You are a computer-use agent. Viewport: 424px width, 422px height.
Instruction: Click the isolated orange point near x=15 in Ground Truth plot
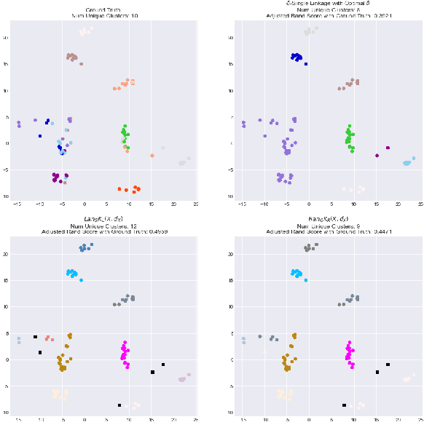(152, 155)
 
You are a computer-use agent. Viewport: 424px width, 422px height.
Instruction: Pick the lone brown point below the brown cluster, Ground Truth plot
(81, 64)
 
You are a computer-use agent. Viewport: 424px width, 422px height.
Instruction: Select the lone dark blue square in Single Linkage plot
(306, 64)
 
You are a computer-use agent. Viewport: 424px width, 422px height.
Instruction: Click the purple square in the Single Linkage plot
(388, 148)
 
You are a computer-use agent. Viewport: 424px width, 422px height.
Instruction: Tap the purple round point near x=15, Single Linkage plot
(377, 155)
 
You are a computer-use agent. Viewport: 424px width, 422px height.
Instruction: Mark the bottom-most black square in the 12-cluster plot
(119, 405)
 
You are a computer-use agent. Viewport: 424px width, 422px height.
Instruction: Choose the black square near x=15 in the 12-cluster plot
(152, 372)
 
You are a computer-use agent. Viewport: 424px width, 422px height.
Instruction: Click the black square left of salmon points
(35, 337)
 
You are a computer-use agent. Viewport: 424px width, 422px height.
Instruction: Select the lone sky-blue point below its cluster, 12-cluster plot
(81, 280)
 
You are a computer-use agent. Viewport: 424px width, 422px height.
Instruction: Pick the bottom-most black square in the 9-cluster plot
(344, 405)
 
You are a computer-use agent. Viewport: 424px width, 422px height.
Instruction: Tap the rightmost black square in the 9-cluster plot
(388, 365)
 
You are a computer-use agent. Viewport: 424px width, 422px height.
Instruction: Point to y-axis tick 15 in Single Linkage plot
(231, 64)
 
